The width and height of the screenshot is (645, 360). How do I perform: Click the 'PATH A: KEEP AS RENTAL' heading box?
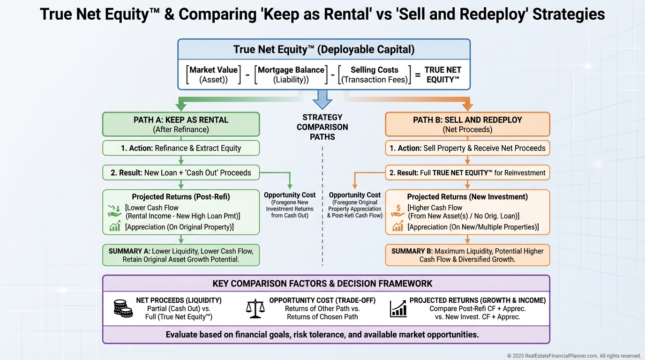coord(181,124)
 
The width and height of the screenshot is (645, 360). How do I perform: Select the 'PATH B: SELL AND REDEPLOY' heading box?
coord(467,124)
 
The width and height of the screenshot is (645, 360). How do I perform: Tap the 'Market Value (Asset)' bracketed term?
coord(213,75)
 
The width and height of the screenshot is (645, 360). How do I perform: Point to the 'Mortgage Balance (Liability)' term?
coord(291,75)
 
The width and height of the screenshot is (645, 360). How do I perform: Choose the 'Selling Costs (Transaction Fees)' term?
coord(374,75)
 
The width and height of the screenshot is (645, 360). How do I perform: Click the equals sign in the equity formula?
coord(417,75)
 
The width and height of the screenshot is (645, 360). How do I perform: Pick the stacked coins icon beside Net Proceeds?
coord(123,308)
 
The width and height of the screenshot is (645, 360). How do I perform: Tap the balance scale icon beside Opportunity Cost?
coord(255,308)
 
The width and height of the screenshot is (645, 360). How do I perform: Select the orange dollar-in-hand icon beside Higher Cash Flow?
coord(397,211)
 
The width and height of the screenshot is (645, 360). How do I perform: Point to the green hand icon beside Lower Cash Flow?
coord(114,211)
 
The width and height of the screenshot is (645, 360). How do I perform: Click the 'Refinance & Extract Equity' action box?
coord(181,148)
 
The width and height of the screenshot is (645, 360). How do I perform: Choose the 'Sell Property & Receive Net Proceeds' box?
coord(467,148)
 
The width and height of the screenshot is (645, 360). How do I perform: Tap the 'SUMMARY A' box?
coord(181,255)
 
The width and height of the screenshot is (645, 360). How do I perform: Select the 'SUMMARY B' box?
coord(467,255)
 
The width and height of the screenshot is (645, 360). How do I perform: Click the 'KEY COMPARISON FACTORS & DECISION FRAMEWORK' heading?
coord(322,284)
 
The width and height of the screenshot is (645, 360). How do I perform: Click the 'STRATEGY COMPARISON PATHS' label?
coord(322,127)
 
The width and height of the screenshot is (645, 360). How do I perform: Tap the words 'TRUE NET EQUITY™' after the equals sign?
coord(443,75)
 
